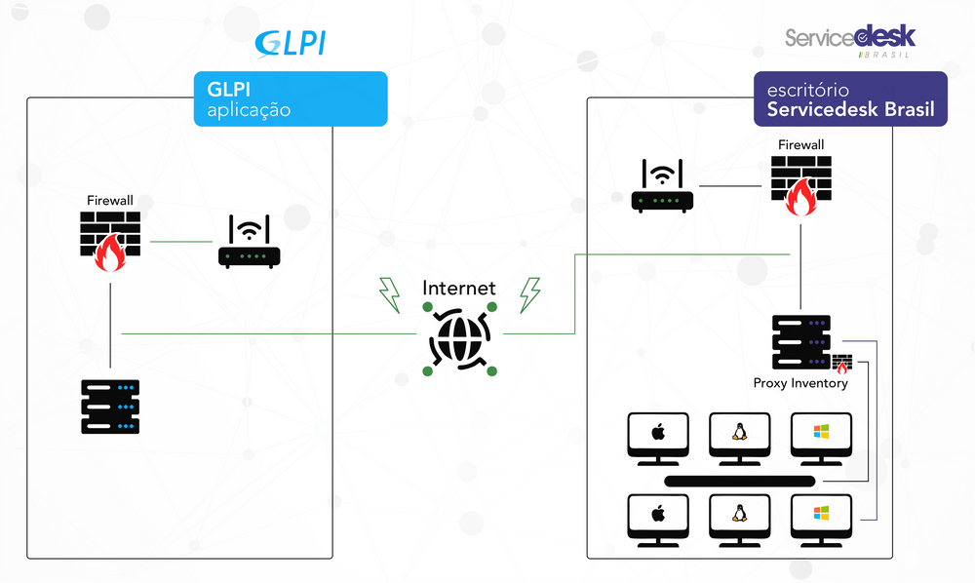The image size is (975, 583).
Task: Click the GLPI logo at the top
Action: (x=290, y=44)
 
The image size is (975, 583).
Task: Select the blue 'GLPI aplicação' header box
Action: (x=291, y=98)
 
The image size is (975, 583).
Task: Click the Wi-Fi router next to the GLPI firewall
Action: (x=249, y=242)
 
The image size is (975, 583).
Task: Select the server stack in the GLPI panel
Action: (x=110, y=407)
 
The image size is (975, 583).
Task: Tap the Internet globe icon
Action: (x=460, y=338)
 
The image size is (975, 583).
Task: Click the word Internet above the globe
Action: (x=459, y=289)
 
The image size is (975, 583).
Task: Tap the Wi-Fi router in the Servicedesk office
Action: (x=663, y=186)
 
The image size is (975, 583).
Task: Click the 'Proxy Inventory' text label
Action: (x=800, y=383)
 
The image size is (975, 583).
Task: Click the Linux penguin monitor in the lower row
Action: (x=740, y=519)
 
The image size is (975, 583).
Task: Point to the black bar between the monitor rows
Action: (x=740, y=481)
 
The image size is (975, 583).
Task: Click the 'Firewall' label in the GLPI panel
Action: (x=110, y=200)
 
